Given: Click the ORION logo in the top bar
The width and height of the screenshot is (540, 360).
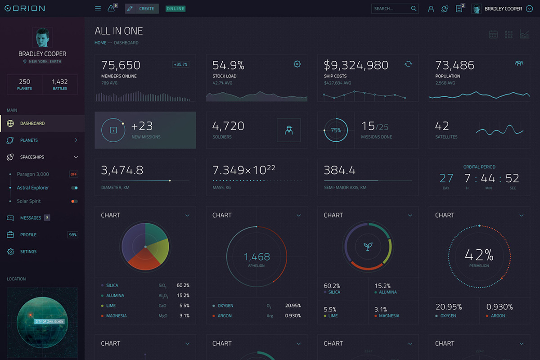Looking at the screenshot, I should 24,9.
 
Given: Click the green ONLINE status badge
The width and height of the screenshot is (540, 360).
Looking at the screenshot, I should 175,9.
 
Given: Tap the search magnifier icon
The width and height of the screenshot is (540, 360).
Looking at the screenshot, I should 414,9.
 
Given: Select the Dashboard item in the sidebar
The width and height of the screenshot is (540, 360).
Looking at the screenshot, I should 32,123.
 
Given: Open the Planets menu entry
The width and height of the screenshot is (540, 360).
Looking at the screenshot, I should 29,140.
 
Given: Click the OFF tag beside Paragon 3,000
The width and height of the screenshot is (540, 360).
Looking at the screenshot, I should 73,174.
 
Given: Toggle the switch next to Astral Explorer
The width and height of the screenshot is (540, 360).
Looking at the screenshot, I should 74,188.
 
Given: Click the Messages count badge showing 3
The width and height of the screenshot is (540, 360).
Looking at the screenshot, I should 47,218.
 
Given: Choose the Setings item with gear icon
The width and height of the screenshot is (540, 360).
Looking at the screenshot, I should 28,252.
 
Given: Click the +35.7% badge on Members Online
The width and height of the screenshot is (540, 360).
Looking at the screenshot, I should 180,64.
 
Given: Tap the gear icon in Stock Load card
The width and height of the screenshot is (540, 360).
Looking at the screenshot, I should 297,64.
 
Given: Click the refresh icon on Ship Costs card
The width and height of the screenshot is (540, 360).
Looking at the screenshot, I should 408,64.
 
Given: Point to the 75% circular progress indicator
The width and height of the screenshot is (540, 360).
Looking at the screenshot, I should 336,130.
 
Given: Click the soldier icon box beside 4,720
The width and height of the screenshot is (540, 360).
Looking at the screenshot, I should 288,130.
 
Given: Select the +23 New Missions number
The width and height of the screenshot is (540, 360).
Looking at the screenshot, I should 142,126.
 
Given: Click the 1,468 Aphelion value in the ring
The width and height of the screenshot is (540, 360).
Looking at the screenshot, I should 256,257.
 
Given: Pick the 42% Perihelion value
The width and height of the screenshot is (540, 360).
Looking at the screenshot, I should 479,255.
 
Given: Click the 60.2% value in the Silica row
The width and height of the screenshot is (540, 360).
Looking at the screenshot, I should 183,285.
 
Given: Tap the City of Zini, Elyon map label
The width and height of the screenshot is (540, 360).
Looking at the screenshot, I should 49,322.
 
